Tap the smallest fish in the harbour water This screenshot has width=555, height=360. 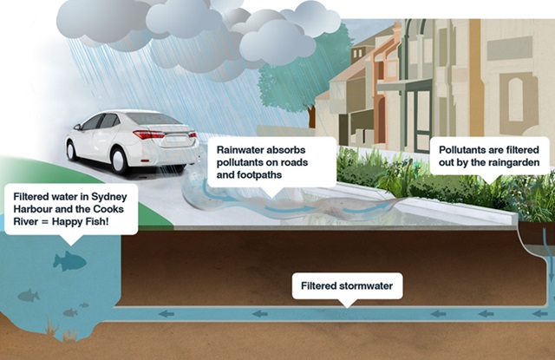(84, 305)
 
